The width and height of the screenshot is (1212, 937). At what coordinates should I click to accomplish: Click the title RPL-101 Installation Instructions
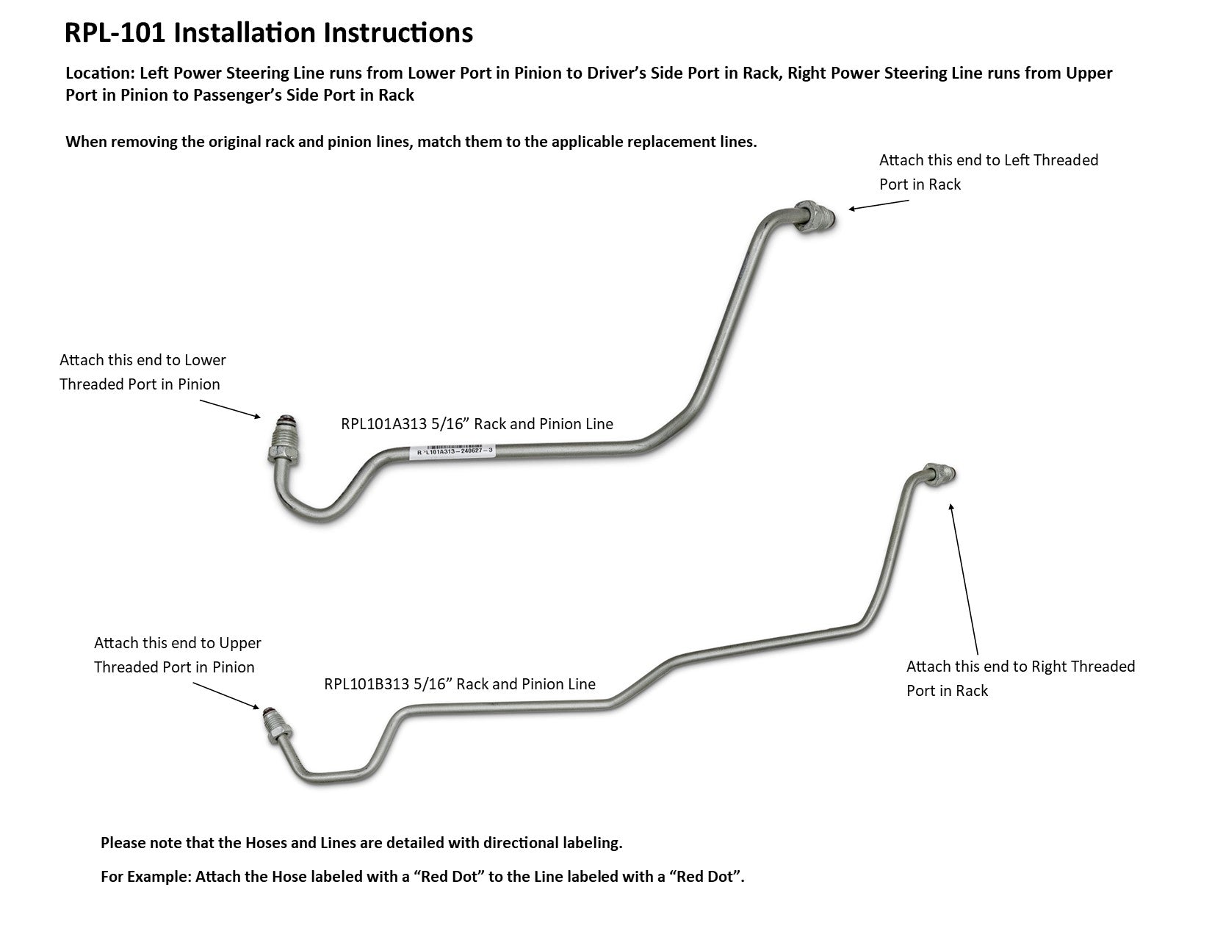pyautogui.click(x=268, y=33)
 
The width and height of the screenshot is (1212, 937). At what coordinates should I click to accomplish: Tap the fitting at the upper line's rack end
pyautogui.click(x=816, y=218)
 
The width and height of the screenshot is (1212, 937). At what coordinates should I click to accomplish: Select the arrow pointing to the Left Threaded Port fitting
pyautogui.click(x=879, y=204)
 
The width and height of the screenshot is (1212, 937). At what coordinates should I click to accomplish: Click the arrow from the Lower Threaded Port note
pyautogui.click(x=230, y=409)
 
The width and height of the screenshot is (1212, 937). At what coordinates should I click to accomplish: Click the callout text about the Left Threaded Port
pyautogui.click(x=988, y=172)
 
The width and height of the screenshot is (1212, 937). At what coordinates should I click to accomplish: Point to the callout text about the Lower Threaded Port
pyautogui.click(x=143, y=372)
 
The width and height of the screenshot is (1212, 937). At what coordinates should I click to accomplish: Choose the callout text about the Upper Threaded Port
pyautogui.click(x=177, y=655)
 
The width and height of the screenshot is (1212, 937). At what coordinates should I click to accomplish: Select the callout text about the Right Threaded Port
pyautogui.click(x=1020, y=678)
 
